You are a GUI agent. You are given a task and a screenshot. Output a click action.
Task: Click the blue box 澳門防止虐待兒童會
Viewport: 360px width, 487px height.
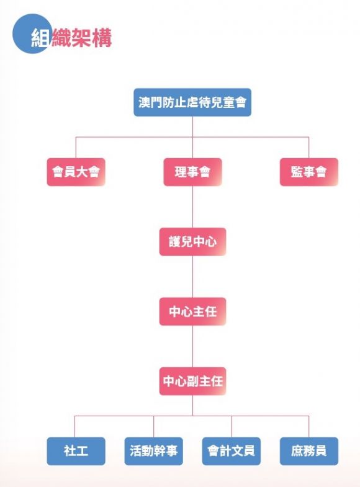tap(192, 102)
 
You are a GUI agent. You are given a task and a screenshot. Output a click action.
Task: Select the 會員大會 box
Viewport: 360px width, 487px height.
tap(76, 172)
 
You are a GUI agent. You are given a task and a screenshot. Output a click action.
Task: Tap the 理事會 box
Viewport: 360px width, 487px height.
tap(192, 172)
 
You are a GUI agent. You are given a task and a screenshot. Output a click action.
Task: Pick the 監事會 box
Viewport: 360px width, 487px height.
tap(308, 172)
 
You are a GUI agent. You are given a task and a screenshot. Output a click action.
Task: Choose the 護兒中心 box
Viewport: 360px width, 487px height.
tap(192, 241)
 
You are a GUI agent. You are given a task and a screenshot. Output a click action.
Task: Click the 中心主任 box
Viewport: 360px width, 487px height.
tap(192, 311)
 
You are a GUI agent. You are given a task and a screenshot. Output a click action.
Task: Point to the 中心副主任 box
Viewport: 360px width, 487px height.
tap(192, 381)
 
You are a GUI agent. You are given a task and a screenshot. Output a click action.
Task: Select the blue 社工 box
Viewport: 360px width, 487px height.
tap(76, 451)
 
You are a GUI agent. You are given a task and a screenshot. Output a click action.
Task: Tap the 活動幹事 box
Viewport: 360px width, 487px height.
tap(154, 451)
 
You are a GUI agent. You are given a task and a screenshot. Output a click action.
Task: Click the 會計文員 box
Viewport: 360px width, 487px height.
tap(232, 451)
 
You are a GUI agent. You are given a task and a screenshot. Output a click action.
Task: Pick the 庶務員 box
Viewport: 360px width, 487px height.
tap(308, 451)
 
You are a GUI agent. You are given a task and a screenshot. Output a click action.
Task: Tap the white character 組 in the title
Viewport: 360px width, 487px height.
tap(40, 38)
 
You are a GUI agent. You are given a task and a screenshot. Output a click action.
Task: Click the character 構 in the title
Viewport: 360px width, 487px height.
tap(102, 38)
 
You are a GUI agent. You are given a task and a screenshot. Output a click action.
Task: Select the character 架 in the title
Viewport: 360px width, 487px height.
tap(81, 38)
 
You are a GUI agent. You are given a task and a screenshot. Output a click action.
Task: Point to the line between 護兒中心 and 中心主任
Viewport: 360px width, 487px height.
tap(192, 277)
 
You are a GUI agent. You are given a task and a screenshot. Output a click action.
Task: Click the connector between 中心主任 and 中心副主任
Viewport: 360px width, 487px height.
tap(192, 346)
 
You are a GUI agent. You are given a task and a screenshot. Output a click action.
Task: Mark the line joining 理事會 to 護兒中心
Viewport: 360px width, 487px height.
tap(192, 207)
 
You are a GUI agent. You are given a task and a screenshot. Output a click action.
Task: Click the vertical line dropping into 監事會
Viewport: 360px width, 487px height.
tap(308, 147)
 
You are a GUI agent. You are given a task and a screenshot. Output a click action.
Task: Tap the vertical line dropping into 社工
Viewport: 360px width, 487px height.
tap(74, 426)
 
